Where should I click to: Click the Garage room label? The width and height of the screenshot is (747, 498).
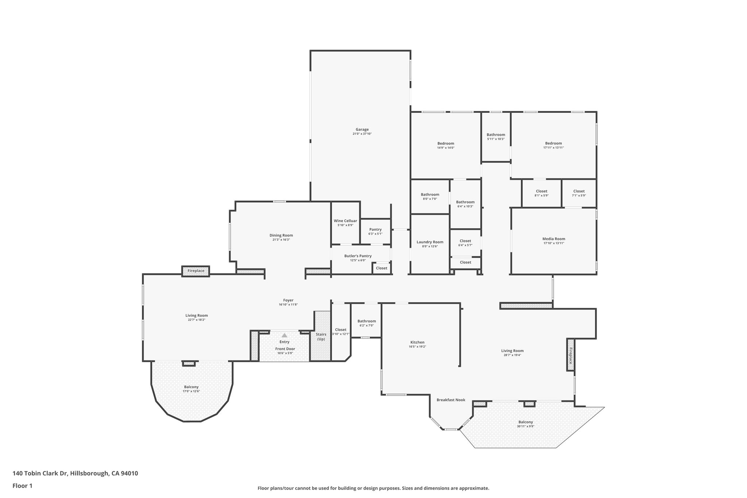pyautogui.click(x=362, y=130)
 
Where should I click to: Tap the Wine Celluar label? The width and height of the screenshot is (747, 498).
pyautogui.click(x=345, y=221)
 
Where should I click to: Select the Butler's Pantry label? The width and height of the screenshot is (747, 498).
pyautogui.click(x=357, y=256)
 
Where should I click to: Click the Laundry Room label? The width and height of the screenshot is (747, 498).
pyautogui.click(x=430, y=242)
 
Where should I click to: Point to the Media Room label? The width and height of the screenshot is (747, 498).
pyautogui.click(x=553, y=239)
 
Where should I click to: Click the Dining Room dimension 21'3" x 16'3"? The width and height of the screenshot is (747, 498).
pyautogui.click(x=281, y=240)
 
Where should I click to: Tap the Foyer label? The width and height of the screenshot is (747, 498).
pyautogui.click(x=288, y=300)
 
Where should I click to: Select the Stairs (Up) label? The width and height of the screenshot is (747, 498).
pyautogui.click(x=321, y=337)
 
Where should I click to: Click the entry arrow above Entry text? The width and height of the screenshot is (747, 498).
pyautogui.click(x=284, y=335)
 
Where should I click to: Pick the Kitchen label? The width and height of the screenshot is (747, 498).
pyautogui.click(x=417, y=342)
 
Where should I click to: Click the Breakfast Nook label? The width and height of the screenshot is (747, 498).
pyautogui.click(x=451, y=400)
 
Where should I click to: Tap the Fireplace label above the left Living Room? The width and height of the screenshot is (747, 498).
pyautogui.click(x=196, y=271)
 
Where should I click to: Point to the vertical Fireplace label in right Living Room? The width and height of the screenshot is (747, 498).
pyautogui.click(x=570, y=355)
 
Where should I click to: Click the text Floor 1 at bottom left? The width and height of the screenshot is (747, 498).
pyautogui.click(x=23, y=486)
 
